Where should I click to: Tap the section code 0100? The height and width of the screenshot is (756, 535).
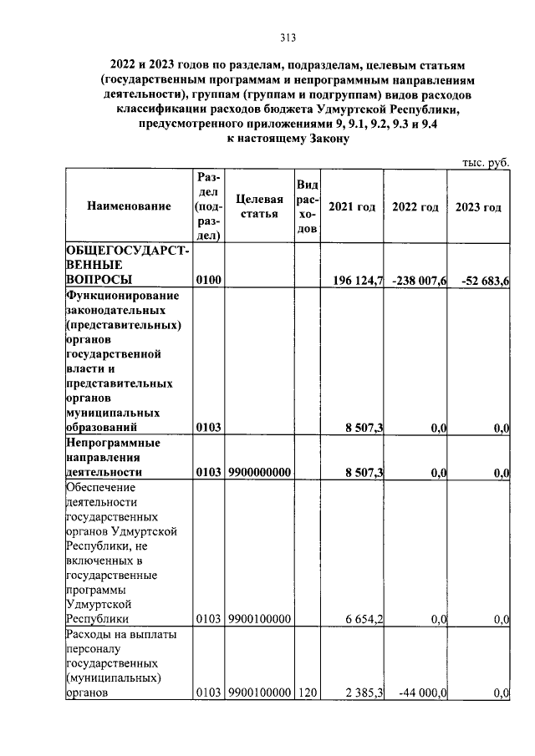pyautogui.click(x=208, y=281)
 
